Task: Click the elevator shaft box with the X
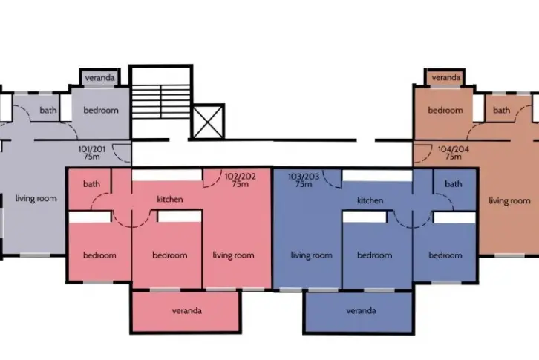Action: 208,122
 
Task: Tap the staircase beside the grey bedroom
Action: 161,102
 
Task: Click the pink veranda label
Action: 186,311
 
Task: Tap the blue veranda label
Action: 362,311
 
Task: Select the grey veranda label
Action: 99,78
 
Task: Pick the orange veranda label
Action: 446,78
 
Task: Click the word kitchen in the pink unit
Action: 170,200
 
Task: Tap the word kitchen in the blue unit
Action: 370,200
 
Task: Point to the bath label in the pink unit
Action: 91,184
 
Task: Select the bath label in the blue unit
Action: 454,184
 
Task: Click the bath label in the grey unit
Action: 48,111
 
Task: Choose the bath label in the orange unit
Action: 502,111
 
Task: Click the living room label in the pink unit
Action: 233,255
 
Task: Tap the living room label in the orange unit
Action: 509,201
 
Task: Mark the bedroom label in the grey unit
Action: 101,111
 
